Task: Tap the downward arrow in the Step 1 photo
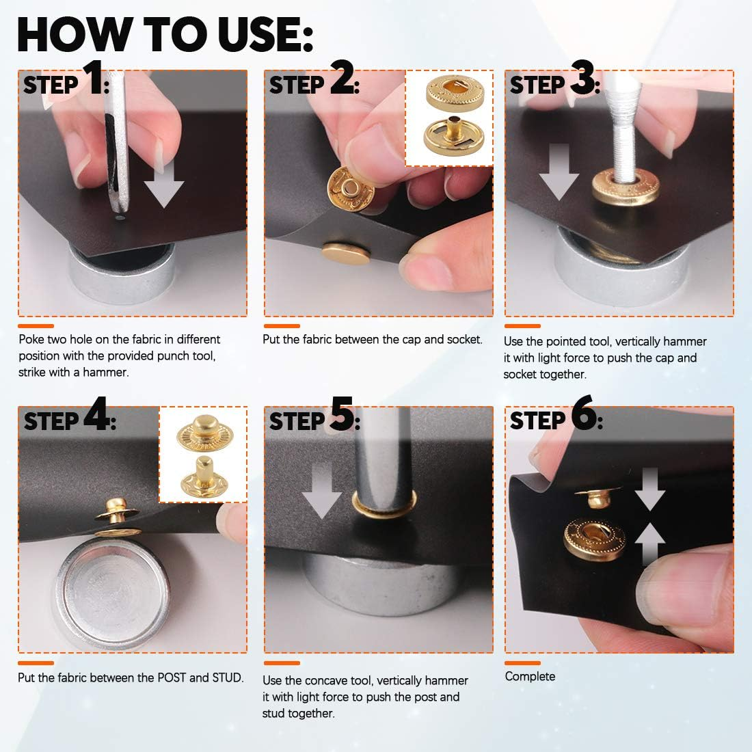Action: [x=164, y=184]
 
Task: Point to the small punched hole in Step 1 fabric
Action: [x=120, y=218]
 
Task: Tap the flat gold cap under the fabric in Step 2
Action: [x=346, y=253]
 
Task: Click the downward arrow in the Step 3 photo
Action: [x=559, y=172]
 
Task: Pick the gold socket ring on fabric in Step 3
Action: [x=626, y=187]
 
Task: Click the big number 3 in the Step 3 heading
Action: [x=582, y=77]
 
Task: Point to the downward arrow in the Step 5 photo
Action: [x=321, y=491]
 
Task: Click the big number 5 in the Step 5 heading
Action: [x=343, y=414]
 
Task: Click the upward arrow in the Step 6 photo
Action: [x=650, y=543]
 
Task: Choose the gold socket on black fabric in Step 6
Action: [x=594, y=539]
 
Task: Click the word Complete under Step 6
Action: [x=530, y=677]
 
